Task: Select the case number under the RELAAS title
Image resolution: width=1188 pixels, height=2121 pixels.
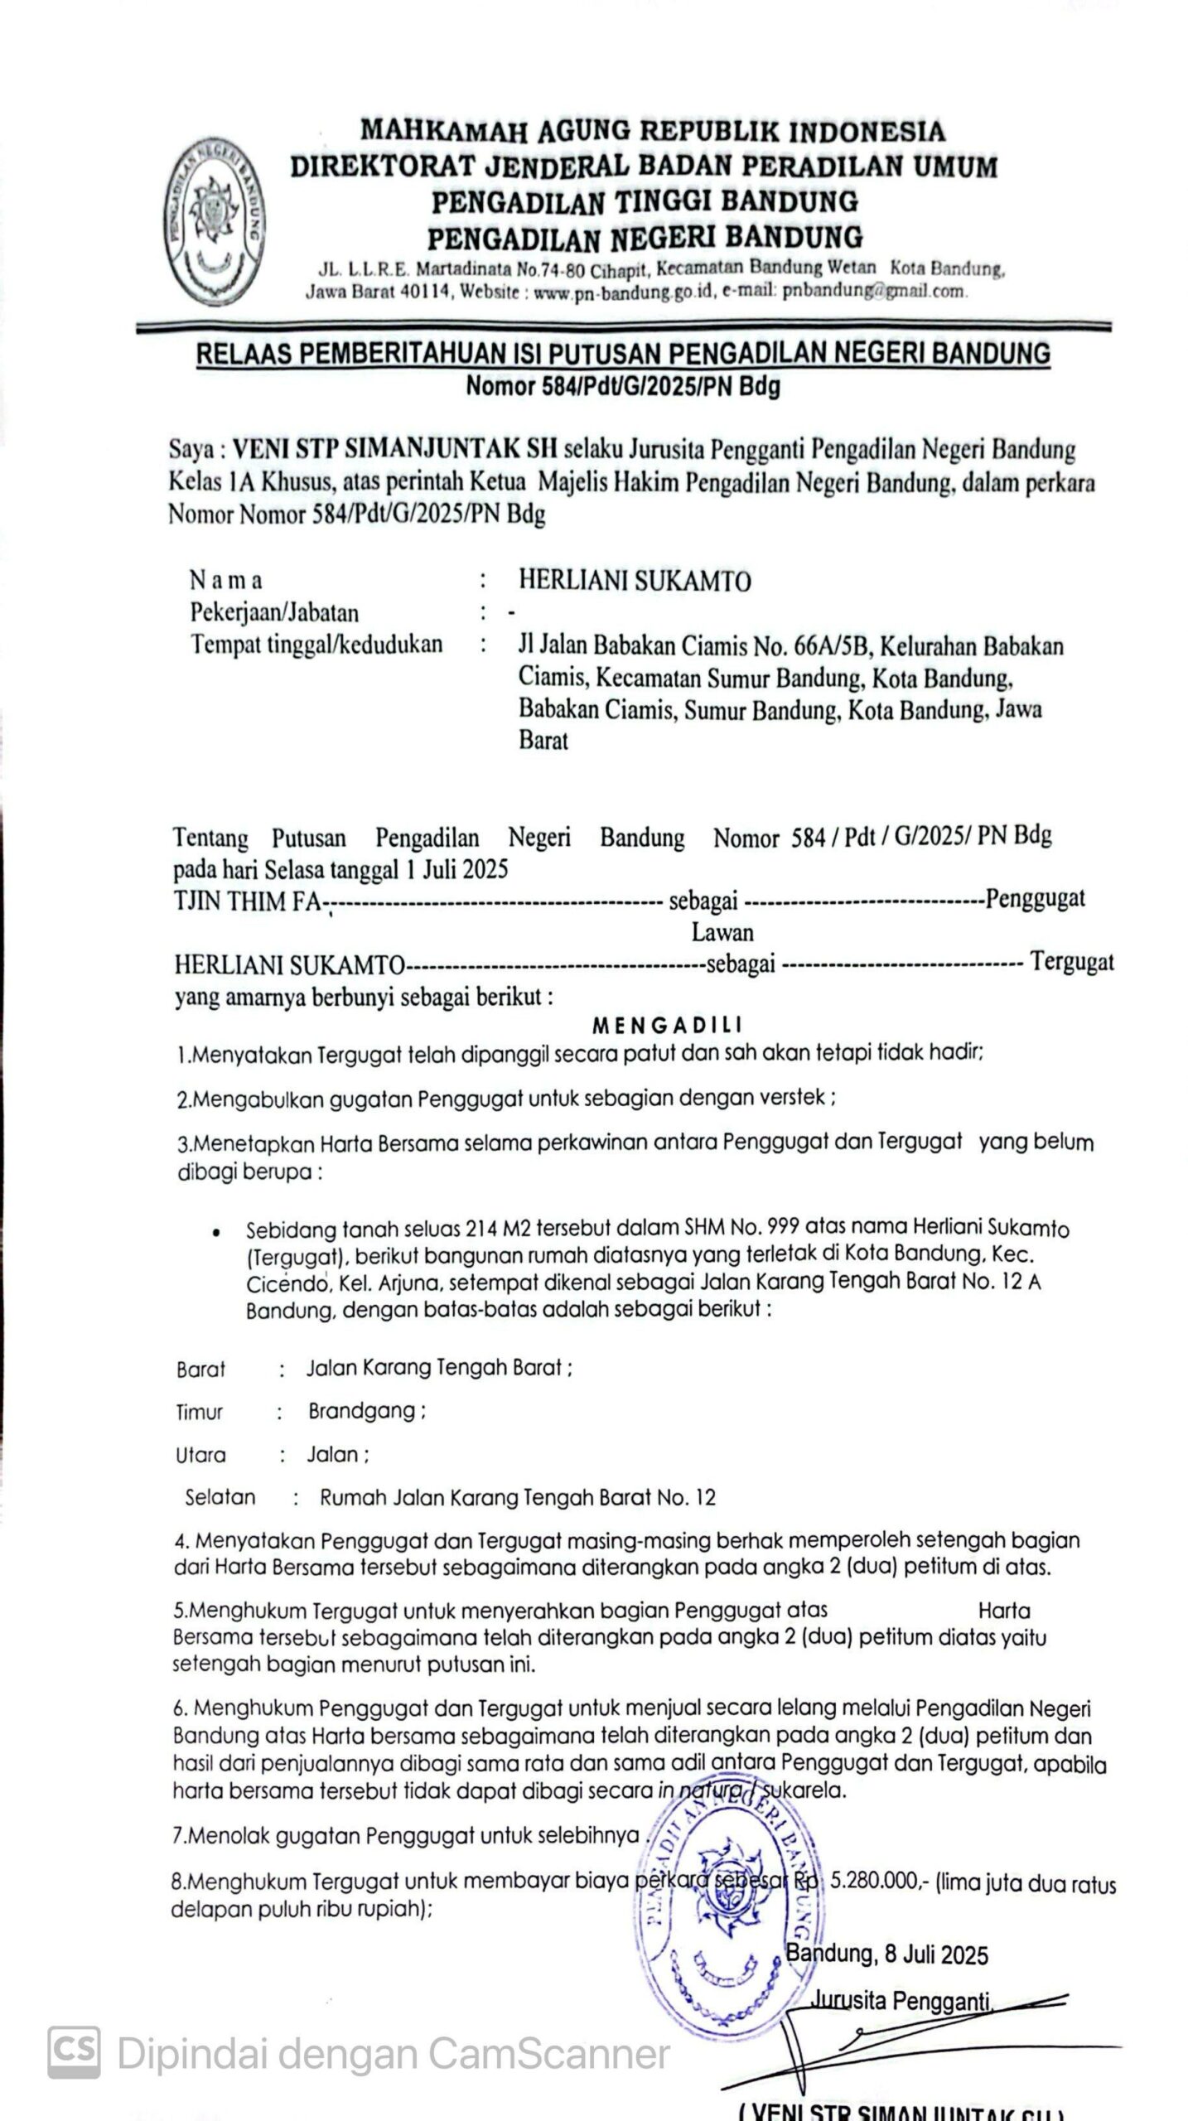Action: click(622, 387)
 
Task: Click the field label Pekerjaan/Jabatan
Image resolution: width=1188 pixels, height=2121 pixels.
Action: click(274, 613)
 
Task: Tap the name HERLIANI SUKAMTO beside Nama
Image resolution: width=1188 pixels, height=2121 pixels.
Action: click(635, 581)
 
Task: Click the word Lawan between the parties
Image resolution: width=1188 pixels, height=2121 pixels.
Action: click(722, 932)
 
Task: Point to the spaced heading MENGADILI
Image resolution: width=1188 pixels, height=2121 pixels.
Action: click(667, 1026)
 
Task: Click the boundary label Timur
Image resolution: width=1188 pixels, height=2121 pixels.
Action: click(199, 1412)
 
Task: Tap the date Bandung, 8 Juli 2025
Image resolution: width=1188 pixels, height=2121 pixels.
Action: click(886, 1955)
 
